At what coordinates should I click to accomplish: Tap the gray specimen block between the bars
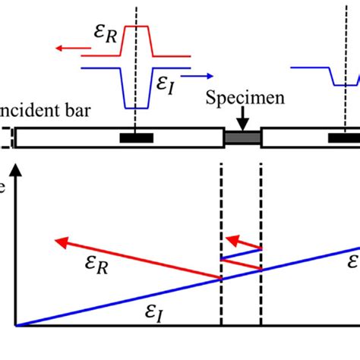(242, 137)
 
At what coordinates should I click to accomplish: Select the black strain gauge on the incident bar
(136, 137)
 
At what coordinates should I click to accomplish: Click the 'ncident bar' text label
(46, 112)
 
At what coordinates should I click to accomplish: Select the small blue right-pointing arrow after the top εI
(198, 76)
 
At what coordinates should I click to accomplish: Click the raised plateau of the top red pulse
(136, 27)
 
